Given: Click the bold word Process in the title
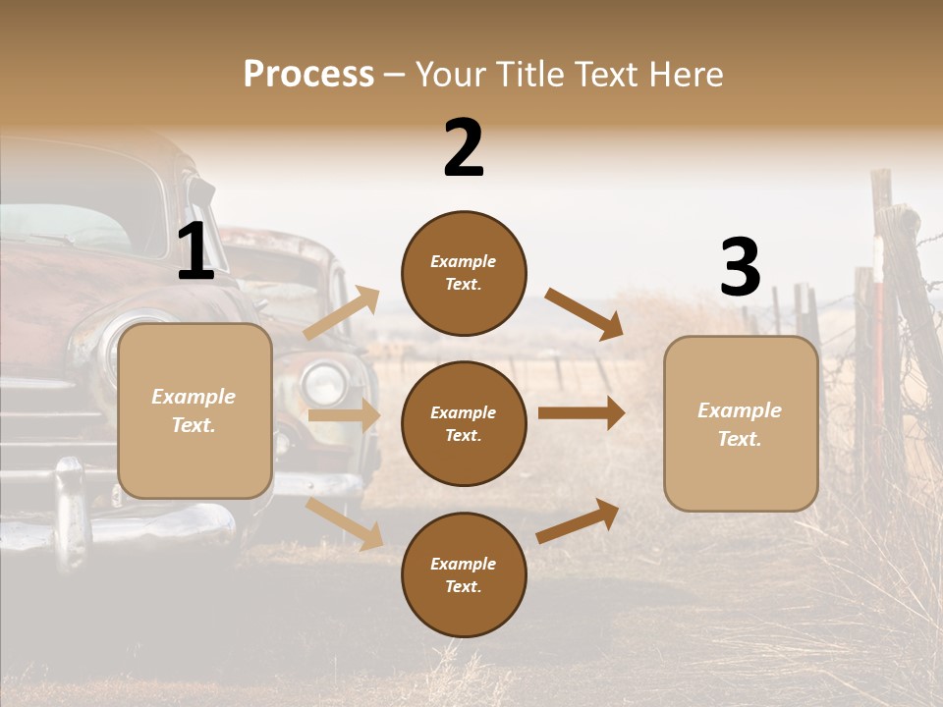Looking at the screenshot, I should (x=308, y=74).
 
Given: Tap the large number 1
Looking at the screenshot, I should (x=195, y=251).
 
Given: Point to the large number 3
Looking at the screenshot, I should (x=740, y=267).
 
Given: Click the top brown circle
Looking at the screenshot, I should (x=464, y=273).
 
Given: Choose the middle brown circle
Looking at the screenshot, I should (x=464, y=423).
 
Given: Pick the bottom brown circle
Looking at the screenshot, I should (x=464, y=574).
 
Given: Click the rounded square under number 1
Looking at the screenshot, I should (x=194, y=410).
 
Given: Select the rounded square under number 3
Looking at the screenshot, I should (x=741, y=423).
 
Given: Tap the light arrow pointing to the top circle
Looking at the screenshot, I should (x=341, y=313).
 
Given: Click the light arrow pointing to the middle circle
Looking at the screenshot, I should (x=344, y=415).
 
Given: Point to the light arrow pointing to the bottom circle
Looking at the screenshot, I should (x=344, y=523).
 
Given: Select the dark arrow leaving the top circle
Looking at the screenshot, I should (x=583, y=314).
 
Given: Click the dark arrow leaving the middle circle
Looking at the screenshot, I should (x=582, y=413).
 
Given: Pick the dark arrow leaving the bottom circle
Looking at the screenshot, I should (x=579, y=520).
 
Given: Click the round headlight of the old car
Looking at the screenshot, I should (x=324, y=382).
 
